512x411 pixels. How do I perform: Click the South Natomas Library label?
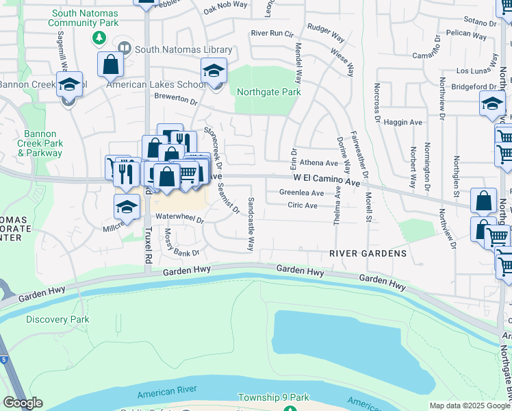[x=183, y=49]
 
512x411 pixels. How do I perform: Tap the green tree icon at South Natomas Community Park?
[x=100, y=37]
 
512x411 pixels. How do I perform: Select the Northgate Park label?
[x=268, y=92]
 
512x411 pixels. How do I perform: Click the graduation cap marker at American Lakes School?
[x=214, y=71]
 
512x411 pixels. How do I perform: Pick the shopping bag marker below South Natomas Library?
[x=110, y=65]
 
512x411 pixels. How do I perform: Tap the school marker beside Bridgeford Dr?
[x=491, y=103]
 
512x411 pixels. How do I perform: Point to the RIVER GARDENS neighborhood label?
[x=368, y=253]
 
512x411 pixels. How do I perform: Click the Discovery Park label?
[x=58, y=319]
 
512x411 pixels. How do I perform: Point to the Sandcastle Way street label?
[x=251, y=224]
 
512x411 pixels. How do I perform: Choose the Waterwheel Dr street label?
[x=180, y=219]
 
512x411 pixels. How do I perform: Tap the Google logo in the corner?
[x=23, y=403]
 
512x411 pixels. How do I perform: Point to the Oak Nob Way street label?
[x=226, y=8]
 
